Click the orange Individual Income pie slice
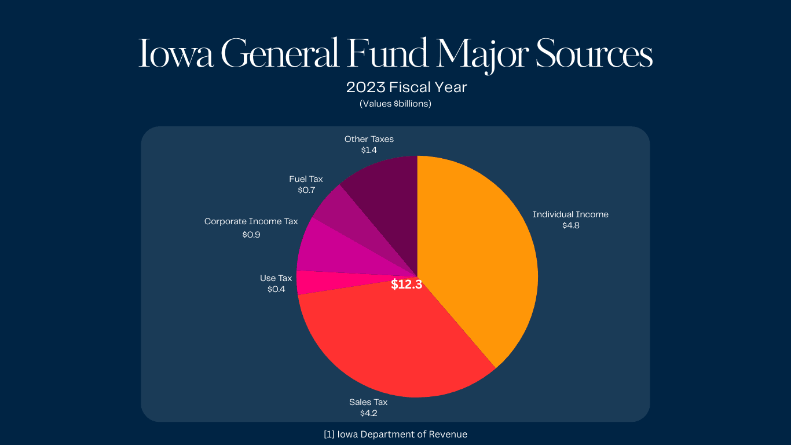tap(481, 255)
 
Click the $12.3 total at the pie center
tap(407, 284)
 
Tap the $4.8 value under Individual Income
tap(570, 225)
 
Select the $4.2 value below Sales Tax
tap(368, 413)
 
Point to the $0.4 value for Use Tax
tap(276, 289)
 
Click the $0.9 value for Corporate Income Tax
tap(251, 235)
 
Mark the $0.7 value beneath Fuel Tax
tap(306, 190)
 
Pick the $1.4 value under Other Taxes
tap(369, 150)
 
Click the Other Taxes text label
tap(369, 139)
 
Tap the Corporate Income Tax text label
tap(251, 221)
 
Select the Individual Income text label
tap(570, 214)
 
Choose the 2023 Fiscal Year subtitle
tap(407, 87)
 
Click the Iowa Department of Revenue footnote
tap(395, 434)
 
